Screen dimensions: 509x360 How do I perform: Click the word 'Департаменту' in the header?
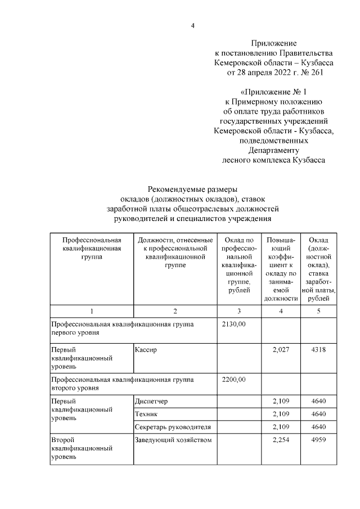[274, 150]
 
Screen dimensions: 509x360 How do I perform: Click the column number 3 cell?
[238, 311]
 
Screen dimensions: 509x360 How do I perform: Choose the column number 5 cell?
[318, 311]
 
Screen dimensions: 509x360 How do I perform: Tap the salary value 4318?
[318, 349]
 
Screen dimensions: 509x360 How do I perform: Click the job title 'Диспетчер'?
[151, 401]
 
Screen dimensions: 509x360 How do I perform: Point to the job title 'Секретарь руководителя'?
[173, 427]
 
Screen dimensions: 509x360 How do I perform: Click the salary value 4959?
[318, 440]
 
